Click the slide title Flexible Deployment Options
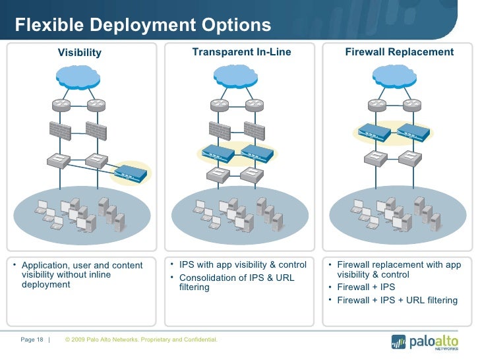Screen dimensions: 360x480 [143, 25]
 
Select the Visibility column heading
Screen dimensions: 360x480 [80, 53]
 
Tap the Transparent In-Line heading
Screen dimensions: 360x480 [241, 52]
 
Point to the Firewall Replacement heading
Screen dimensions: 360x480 [400, 52]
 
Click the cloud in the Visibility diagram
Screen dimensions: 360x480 [78, 77]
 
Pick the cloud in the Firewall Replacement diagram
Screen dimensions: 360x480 [394, 77]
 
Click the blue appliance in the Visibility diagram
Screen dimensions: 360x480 [129, 173]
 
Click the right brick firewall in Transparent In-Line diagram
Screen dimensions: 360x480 [254, 129]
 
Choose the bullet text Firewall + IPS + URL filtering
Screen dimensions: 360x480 [397, 300]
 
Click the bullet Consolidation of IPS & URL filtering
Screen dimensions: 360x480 [237, 282]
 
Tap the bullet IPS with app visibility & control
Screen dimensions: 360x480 [243, 265]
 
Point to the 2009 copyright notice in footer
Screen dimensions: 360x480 [141, 340]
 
